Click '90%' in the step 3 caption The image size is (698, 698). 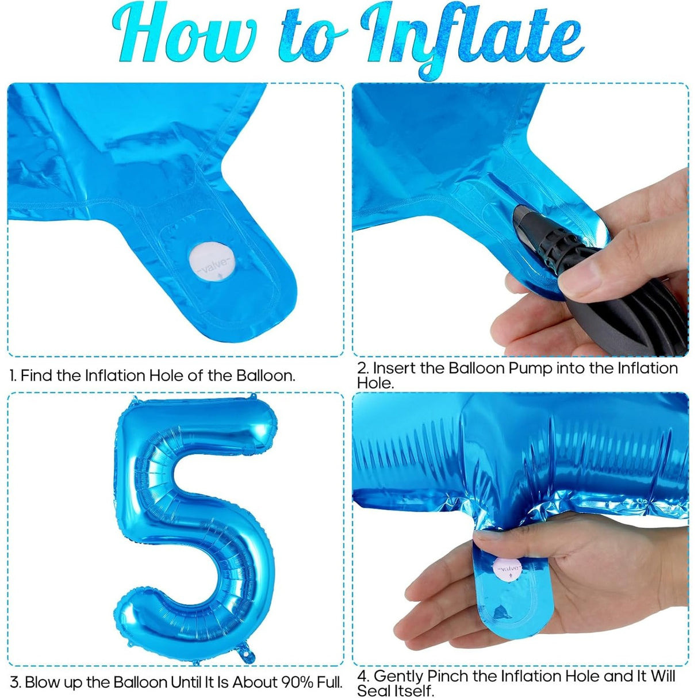pos(297,682)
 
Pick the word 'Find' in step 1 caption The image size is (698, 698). pos(37,375)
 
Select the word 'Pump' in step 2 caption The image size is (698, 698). pos(518,368)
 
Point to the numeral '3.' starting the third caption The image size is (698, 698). pos(16,682)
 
